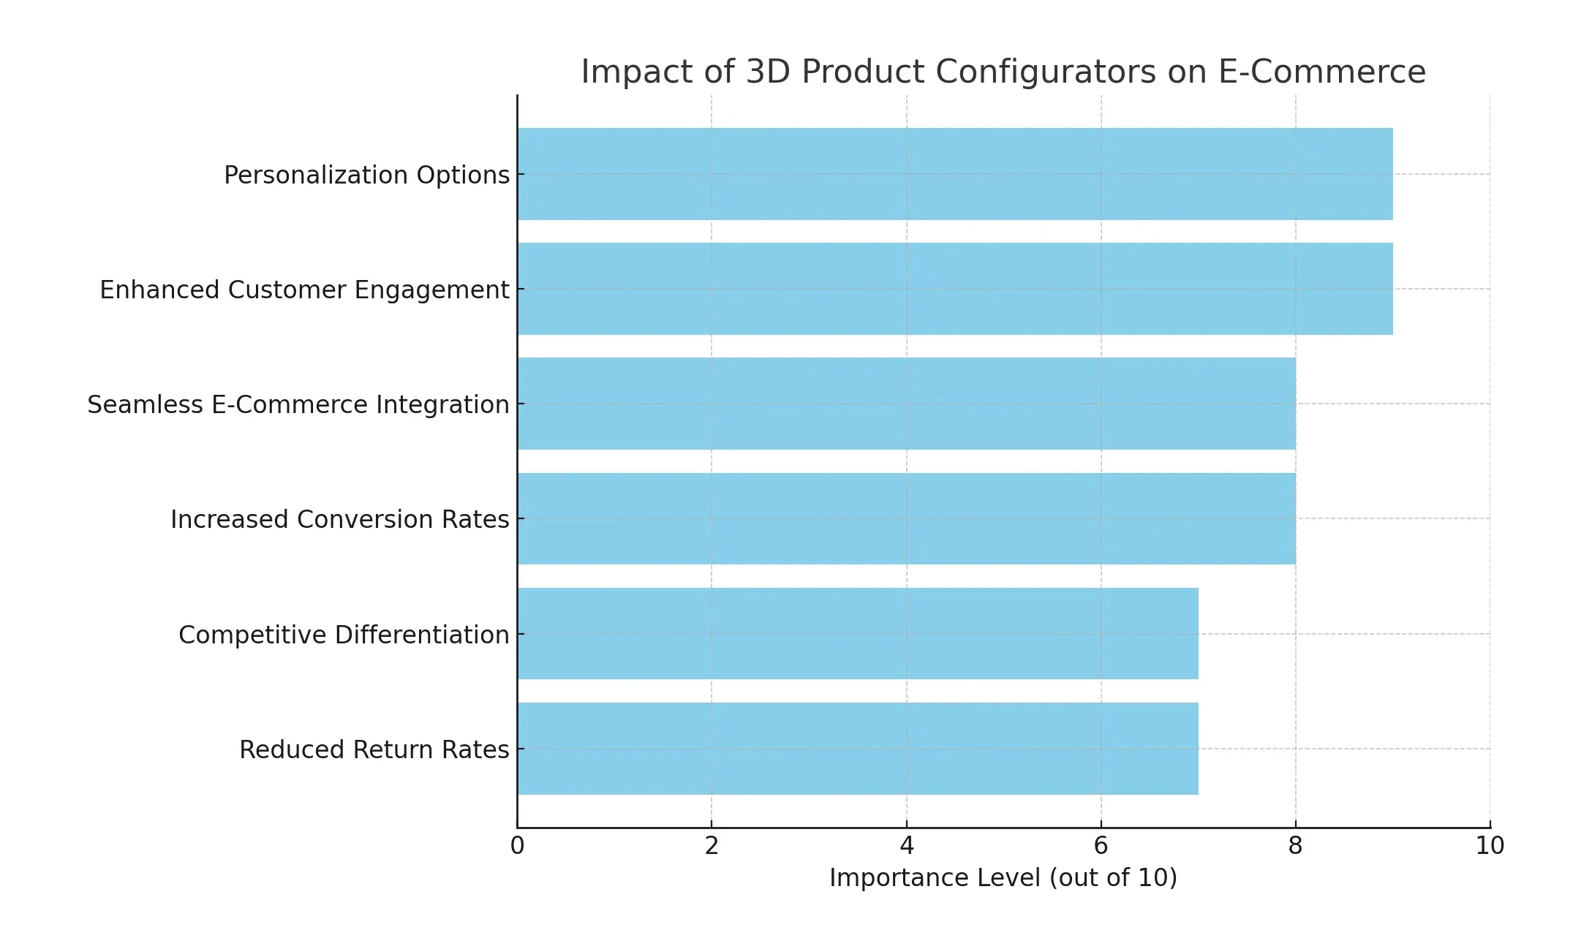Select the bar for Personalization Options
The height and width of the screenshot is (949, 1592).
pyautogui.click(x=954, y=174)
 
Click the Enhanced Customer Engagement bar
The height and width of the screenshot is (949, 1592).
pyautogui.click(x=954, y=289)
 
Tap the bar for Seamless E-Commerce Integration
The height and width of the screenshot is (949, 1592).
pyautogui.click(x=906, y=404)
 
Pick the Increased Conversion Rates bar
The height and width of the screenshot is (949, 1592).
pyautogui.click(x=906, y=518)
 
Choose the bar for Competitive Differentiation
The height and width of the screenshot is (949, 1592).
pyautogui.click(x=857, y=633)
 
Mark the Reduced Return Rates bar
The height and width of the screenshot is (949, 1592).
pyautogui.click(x=857, y=748)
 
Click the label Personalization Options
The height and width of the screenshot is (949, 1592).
pyautogui.click(x=366, y=175)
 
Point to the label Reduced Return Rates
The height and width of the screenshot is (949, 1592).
pyautogui.click(x=374, y=750)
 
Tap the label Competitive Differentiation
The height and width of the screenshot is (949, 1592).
pyautogui.click(x=344, y=635)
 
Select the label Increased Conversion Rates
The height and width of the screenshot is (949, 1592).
pyautogui.click(x=339, y=520)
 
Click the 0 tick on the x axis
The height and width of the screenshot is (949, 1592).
pyautogui.click(x=517, y=846)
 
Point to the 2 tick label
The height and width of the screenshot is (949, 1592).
pyautogui.click(x=712, y=846)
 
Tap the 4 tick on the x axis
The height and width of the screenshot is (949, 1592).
pyautogui.click(x=907, y=846)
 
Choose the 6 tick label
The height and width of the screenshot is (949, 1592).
pyautogui.click(x=1101, y=846)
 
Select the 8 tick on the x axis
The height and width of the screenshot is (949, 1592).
pyautogui.click(x=1295, y=846)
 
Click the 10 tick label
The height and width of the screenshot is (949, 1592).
pyautogui.click(x=1490, y=846)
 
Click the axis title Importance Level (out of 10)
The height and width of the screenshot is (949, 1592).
pyautogui.click(x=1003, y=877)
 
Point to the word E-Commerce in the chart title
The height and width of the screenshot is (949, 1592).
pyautogui.click(x=1321, y=72)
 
